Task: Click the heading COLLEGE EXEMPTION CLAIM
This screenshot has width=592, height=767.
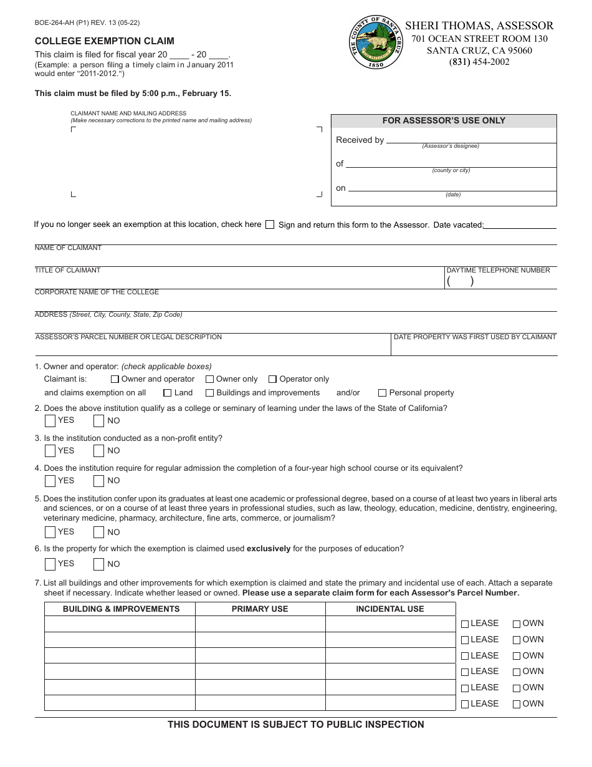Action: [x=105, y=41]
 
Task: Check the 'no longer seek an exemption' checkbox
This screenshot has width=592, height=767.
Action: [x=270, y=225]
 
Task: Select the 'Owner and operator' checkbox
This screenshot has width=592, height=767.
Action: [x=115, y=379]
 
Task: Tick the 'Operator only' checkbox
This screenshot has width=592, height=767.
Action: [x=272, y=379]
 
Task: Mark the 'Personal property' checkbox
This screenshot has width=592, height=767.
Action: [x=382, y=393]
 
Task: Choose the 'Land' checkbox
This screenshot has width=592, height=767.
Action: [x=168, y=393]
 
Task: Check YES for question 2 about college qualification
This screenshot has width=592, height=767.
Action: [x=50, y=420]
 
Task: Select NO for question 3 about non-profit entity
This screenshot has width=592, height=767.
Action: [x=98, y=451]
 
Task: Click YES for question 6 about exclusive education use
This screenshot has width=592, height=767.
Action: [x=50, y=564]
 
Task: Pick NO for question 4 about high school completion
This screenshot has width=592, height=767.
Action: [x=98, y=481]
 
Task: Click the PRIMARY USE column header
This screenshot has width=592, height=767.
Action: [x=260, y=609]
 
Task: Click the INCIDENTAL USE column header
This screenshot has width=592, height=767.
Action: [x=390, y=609]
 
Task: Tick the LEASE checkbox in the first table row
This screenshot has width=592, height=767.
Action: [x=465, y=624]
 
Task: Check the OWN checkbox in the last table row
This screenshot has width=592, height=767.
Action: [x=517, y=704]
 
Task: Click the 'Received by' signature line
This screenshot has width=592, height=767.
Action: [x=471, y=142]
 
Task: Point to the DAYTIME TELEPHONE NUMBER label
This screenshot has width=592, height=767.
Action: [x=498, y=271]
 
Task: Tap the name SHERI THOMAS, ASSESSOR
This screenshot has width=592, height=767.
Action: [x=479, y=26]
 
